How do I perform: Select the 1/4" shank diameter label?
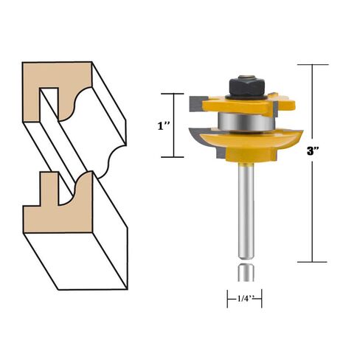click(x=243, y=300)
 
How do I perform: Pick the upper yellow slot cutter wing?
click(x=221, y=101)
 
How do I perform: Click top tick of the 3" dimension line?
click(x=314, y=65)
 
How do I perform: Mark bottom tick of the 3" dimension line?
click(x=314, y=262)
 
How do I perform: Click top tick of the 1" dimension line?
click(x=173, y=94)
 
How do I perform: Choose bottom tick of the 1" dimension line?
click(x=173, y=157)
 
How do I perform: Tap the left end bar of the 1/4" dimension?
click(x=226, y=299)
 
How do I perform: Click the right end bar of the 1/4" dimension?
click(x=262, y=299)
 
